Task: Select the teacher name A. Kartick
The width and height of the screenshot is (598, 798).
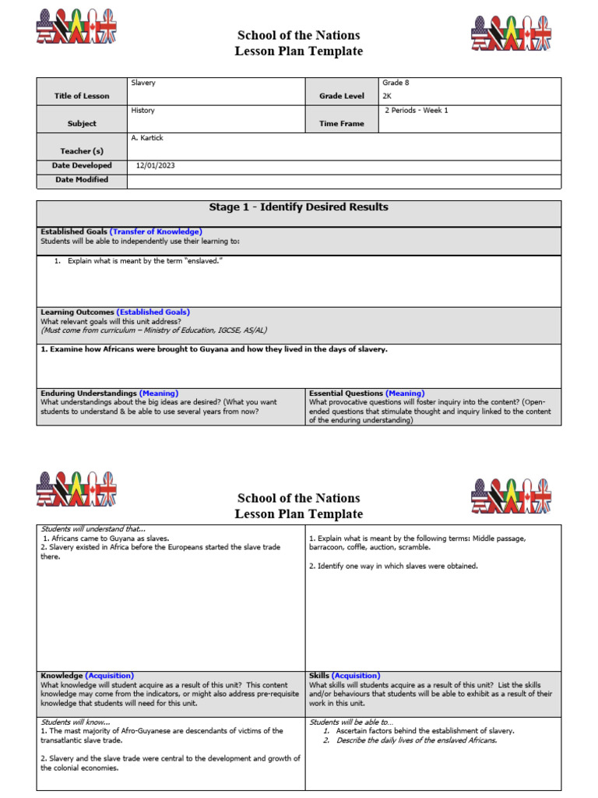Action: [147, 138]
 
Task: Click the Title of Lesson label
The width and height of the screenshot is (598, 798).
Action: [82, 96]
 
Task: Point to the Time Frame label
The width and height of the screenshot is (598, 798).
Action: [341, 123]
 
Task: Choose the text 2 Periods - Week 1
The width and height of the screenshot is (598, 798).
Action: [417, 110]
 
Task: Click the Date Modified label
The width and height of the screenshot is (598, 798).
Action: [82, 179]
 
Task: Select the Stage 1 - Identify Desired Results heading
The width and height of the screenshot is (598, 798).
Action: [298, 207]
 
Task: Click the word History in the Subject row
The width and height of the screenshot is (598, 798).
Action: [142, 110]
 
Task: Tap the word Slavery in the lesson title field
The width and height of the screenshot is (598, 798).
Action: [143, 82]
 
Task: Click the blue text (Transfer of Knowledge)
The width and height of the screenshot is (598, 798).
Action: [156, 231]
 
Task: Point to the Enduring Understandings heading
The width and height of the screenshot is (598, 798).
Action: [89, 394]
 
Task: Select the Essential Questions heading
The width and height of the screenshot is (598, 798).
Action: [346, 394]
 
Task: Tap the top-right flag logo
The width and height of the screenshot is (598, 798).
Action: [511, 33]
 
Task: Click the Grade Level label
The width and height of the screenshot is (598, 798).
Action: [341, 96]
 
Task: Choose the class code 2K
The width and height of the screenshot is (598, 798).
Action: [387, 96]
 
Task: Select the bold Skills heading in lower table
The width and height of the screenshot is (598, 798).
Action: [319, 676]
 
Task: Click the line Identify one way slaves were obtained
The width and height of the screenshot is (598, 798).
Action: [393, 566]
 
